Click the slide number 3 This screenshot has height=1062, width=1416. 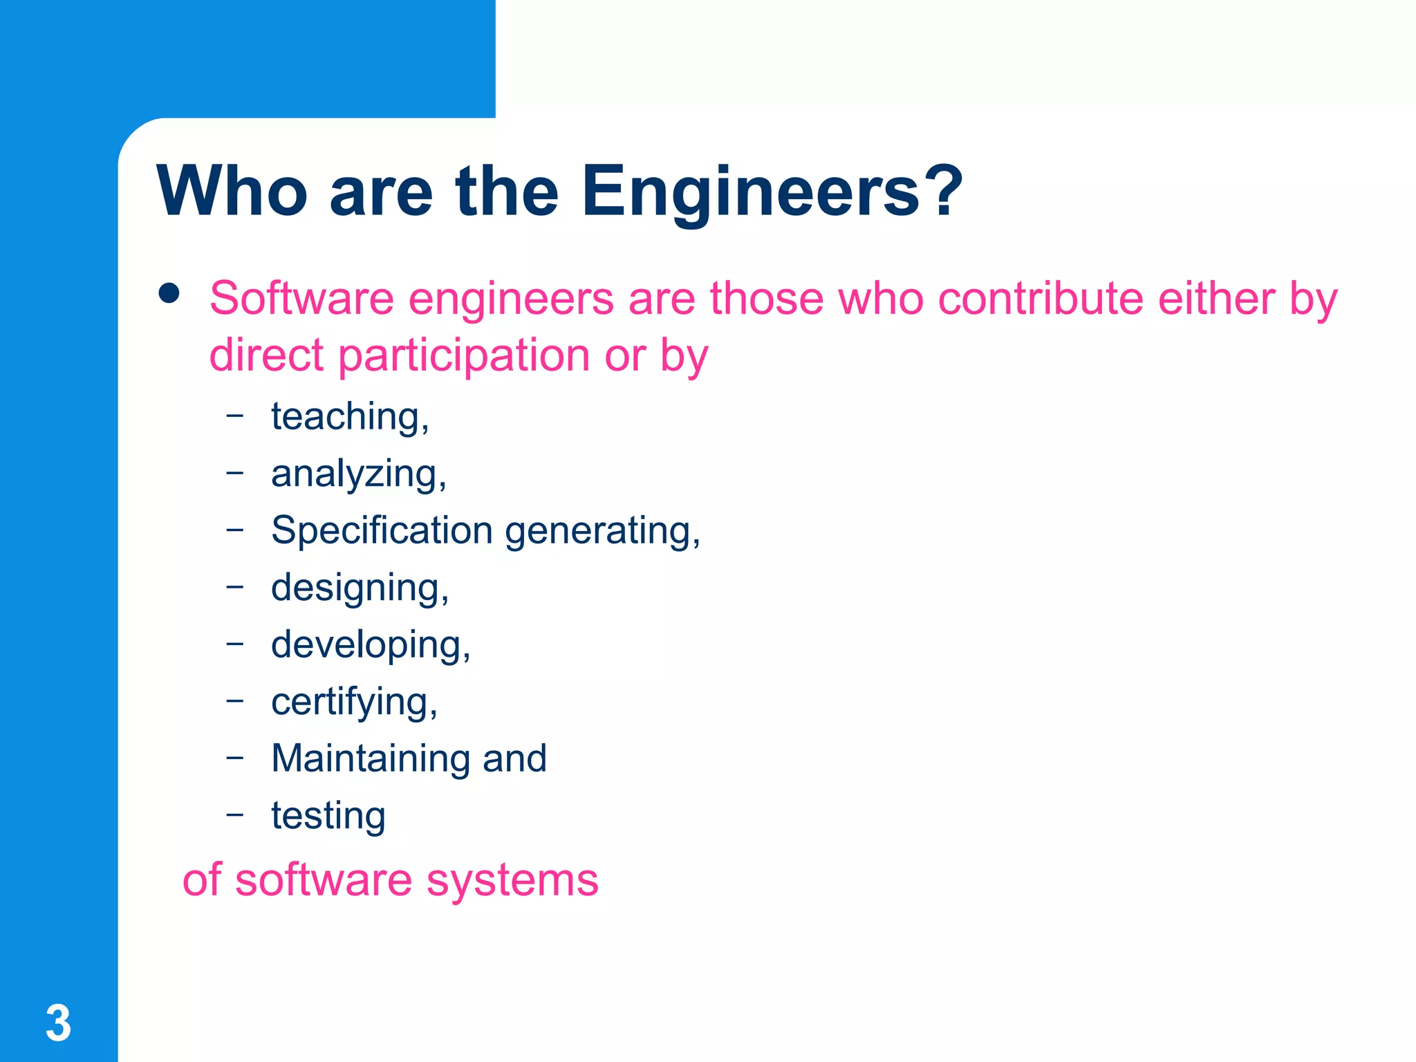pyautogui.click(x=59, y=1023)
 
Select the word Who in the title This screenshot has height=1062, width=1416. pyautogui.click(x=232, y=192)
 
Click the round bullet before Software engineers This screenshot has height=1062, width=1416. pyautogui.click(x=169, y=293)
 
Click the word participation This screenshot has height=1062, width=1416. pyautogui.click(x=463, y=355)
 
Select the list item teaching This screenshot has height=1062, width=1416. pyautogui.click(x=349, y=417)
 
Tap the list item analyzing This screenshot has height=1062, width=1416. pyautogui.click(x=358, y=474)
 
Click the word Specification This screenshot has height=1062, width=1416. pyautogui.click(x=382, y=530)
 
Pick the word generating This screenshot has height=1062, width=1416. pyautogui.click(x=602, y=532)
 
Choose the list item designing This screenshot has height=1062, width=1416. pyautogui.click(x=360, y=588)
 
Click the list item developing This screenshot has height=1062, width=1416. pyautogui.click(x=370, y=645)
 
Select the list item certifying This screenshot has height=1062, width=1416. pyautogui.click(x=354, y=702)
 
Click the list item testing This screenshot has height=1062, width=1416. pyautogui.click(x=328, y=816)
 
